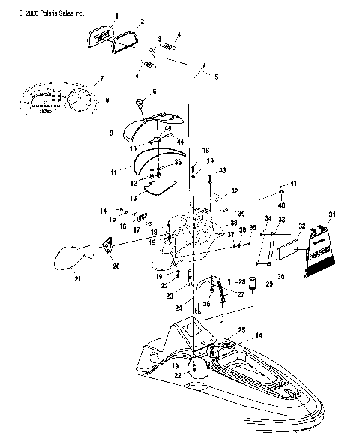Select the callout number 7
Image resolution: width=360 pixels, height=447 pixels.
click(102, 79)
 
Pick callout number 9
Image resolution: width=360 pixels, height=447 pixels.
click(111, 133)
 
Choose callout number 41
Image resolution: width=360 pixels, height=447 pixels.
click(294, 184)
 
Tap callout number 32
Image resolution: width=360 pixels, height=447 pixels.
click(301, 224)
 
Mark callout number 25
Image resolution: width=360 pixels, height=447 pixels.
click(241, 330)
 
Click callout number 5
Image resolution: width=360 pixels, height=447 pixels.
click(215, 77)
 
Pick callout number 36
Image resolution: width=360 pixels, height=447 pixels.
click(178, 161)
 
